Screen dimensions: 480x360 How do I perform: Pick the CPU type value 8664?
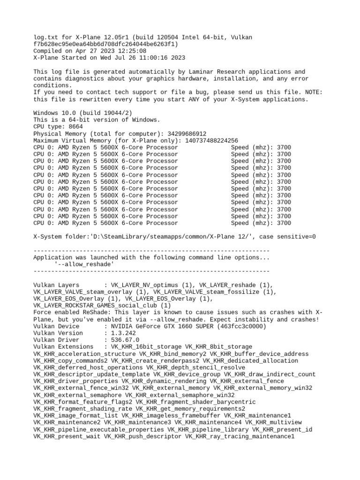[76, 127]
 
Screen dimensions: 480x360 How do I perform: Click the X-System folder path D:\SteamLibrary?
[129, 237]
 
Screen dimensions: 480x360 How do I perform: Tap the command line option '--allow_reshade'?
[84, 264]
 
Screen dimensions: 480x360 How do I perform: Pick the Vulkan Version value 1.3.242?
[123, 333]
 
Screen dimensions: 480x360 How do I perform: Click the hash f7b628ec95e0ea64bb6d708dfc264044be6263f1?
[106, 44]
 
